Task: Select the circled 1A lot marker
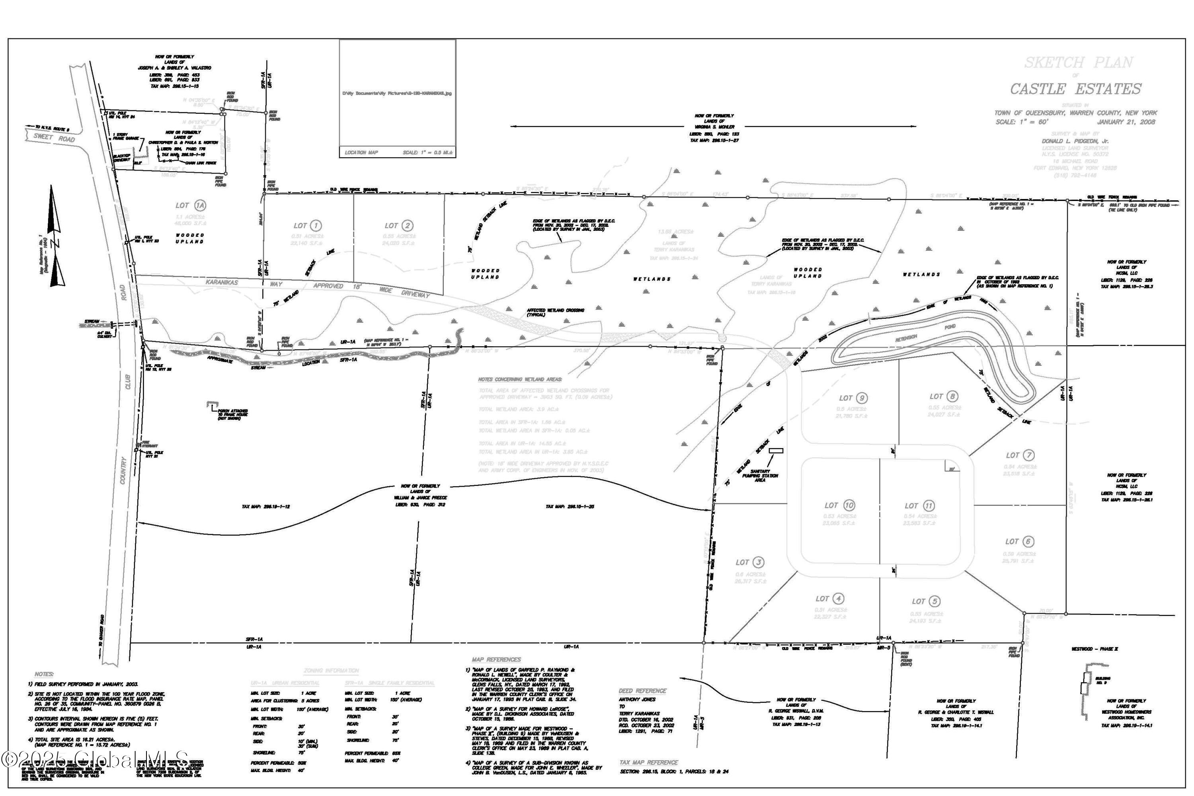[x=201, y=206]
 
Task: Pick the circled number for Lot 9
[x=861, y=398]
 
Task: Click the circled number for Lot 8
[x=952, y=396]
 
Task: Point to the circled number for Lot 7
[x=1029, y=455]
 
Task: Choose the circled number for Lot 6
[x=1028, y=542]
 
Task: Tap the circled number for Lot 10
[x=849, y=505]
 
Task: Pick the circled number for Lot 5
[x=935, y=601]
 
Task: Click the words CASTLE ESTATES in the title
[x=1075, y=89]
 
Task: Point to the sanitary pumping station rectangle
[x=776, y=450]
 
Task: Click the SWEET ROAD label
[x=54, y=138]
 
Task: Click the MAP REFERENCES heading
[x=496, y=659]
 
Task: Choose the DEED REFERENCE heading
[x=642, y=691]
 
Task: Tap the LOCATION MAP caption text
[x=361, y=152]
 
